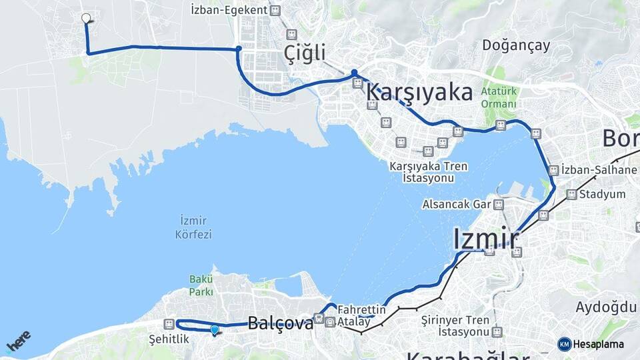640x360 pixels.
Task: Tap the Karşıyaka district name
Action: (419, 92)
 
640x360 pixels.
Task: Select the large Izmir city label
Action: (486, 238)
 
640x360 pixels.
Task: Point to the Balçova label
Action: (281, 323)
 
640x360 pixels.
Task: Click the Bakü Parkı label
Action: (201, 285)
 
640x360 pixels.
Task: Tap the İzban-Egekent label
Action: (229, 10)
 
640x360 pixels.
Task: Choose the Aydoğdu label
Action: (605, 307)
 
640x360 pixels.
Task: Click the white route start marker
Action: (85, 18)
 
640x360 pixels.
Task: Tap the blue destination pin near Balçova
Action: (214, 329)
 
